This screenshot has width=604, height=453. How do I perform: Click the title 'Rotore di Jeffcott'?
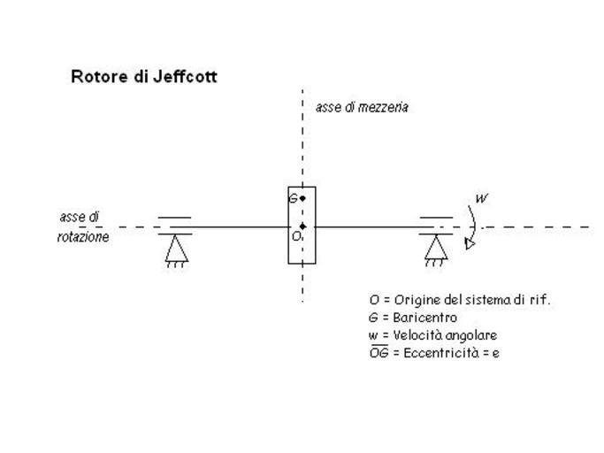point(143,77)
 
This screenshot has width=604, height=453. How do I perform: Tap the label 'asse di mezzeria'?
point(362,107)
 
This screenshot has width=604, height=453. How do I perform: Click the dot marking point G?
point(302,198)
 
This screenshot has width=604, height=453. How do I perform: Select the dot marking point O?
point(302,226)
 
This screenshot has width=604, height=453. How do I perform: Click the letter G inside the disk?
point(293,198)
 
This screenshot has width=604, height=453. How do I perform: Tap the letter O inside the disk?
point(296,236)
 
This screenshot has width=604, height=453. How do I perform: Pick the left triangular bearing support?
point(176,250)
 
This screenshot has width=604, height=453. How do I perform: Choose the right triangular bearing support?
point(434,250)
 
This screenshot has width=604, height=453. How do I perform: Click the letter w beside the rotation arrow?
point(481,198)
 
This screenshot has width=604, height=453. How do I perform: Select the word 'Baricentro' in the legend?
point(425,318)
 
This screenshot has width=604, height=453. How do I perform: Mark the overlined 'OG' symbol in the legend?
point(378,353)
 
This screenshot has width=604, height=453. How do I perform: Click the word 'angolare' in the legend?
point(471,335)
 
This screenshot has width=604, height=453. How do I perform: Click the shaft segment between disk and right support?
point(367,226)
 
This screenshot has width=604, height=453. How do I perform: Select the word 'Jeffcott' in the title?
point(185,77)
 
